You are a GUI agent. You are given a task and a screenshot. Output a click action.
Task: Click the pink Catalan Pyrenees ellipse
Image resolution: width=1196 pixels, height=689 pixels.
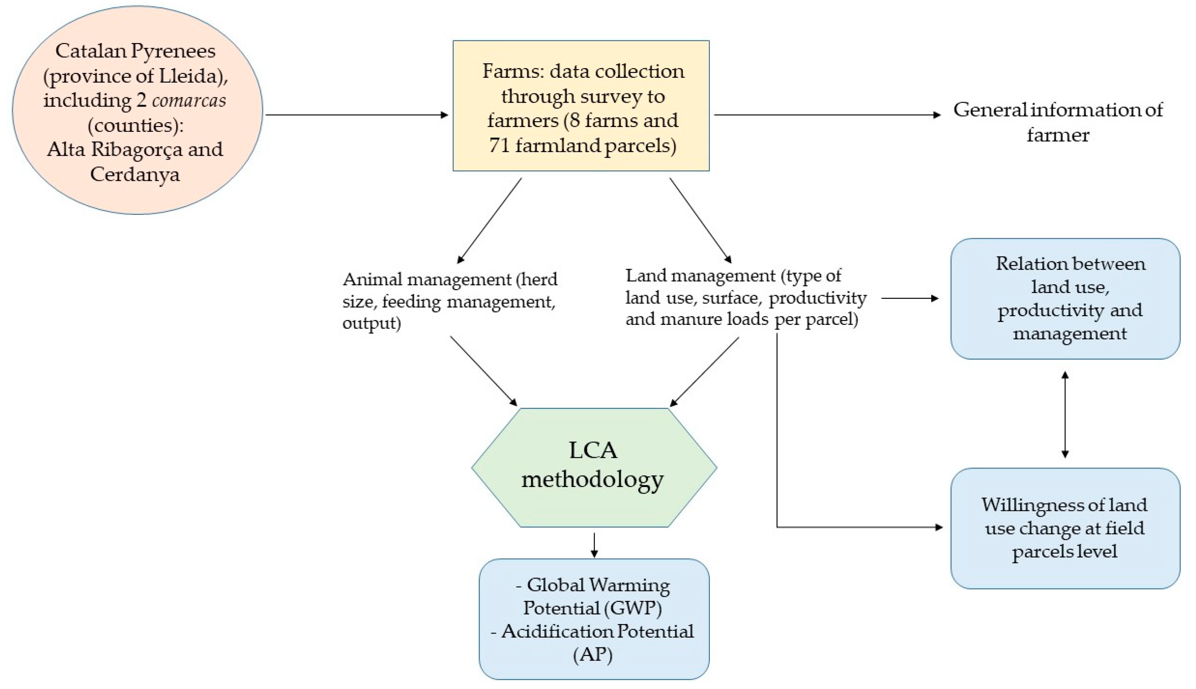137,110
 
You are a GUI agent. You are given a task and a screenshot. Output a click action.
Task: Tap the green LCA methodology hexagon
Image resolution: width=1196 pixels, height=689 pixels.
594,468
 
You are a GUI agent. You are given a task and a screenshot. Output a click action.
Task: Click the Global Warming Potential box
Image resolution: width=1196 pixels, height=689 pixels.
594,619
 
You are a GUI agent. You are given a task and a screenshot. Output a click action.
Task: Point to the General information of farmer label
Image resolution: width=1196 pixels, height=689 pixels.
1058,122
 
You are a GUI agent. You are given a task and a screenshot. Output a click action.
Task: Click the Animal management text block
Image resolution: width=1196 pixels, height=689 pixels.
450,301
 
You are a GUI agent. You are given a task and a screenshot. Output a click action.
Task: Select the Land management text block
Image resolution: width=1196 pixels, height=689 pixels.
746,297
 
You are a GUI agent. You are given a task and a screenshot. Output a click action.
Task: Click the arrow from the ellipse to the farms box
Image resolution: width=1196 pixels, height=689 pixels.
357,115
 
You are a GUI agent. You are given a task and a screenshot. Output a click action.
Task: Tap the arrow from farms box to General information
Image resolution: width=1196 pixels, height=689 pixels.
827,115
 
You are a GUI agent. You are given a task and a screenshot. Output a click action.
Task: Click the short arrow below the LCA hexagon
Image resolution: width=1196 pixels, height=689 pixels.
594,545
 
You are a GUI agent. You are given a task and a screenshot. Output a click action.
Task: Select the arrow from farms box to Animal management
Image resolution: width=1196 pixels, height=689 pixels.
489,220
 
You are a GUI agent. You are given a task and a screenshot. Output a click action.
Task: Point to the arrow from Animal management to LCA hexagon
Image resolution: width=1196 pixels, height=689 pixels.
484,371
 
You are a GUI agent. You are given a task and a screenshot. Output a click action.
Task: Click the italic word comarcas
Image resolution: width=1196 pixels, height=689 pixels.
189,100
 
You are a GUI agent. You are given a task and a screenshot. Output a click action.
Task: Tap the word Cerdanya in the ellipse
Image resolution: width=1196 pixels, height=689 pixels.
135,174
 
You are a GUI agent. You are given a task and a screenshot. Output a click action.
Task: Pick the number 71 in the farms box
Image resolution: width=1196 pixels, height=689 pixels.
499,145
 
